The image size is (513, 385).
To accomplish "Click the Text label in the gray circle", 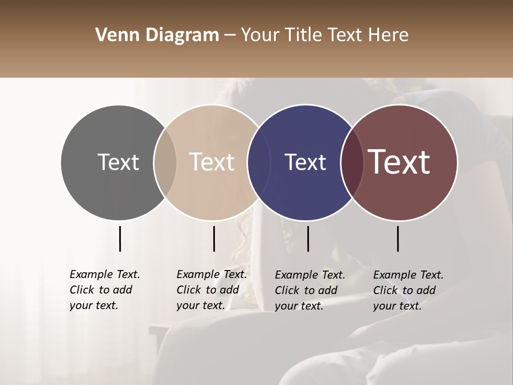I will pos(118,163).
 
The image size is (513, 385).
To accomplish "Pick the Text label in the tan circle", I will pos(212,163).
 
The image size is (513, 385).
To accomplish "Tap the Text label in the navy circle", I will pos(305,163).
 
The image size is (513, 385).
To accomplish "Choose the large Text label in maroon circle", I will pos(399,163).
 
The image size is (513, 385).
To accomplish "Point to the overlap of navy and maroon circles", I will pos(351,163).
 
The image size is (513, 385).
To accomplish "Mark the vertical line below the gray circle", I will pos(120,238).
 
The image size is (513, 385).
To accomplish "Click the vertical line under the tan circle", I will pos(214,238).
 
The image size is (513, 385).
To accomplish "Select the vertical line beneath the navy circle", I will pos(308,238).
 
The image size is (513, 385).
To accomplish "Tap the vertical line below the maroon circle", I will pos(398,238).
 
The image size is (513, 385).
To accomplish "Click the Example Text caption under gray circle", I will pos(105,290).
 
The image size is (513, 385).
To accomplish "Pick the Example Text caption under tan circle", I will pos(212,290).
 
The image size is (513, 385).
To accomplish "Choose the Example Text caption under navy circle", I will pos(310,290).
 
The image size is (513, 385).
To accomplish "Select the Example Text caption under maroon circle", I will pos(408,290).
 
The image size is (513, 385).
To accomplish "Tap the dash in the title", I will pos(230,35).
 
